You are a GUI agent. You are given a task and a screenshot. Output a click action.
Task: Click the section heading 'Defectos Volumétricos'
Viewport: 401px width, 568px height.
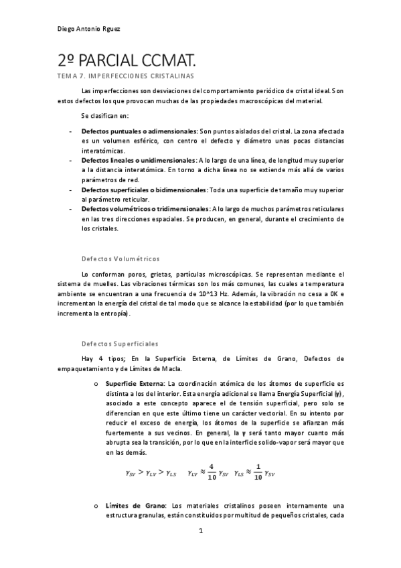pyautogui.click(x=120, y=259)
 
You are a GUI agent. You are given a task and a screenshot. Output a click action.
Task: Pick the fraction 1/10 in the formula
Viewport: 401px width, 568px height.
pyautogui.click(x=258, y=471)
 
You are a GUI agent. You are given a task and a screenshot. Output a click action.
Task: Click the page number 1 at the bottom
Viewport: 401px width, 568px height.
pyautogui.click(x=200, y=532)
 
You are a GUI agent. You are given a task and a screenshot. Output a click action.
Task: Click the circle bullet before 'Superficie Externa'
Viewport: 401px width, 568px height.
pyautogui.click(x=96, y=383)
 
